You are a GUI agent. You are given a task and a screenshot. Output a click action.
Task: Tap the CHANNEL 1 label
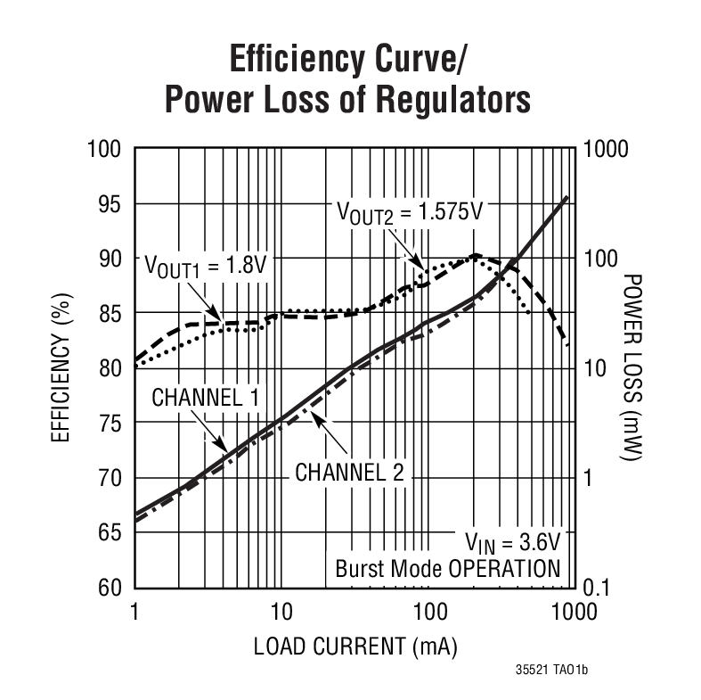pos(205,398)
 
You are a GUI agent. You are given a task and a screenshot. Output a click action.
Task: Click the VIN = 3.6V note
pos(510,541)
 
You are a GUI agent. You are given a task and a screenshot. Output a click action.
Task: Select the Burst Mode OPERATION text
pos(447,568)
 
